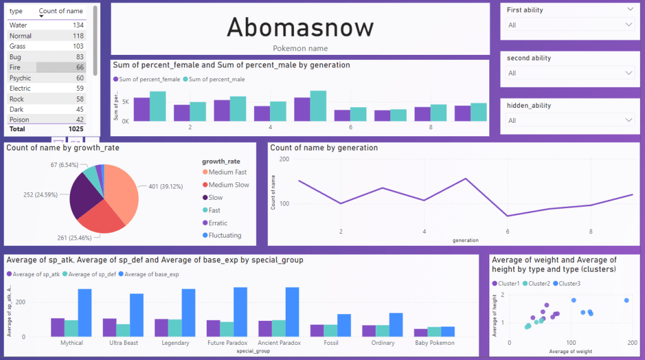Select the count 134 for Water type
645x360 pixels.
78,25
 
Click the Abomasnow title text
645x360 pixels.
300,27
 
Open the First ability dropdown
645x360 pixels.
570,25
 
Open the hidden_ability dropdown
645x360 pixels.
570,120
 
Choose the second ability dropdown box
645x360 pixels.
570,73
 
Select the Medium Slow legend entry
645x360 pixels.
228,185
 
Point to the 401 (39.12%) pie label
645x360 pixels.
161,187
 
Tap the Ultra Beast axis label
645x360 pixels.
127,343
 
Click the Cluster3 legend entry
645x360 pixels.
570,283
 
